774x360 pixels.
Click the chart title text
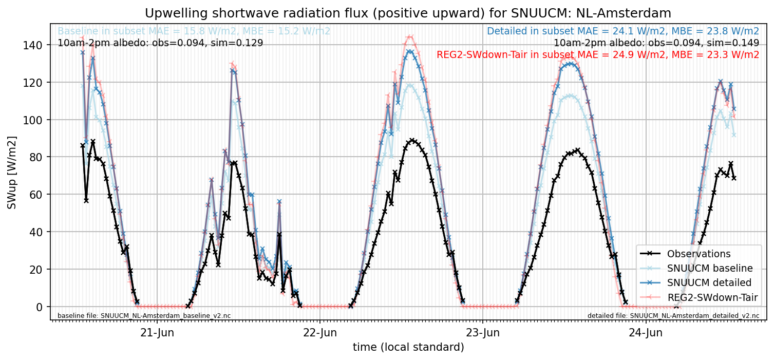(408, 13)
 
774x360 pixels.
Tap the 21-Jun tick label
(157, 333)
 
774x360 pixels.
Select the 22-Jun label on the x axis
(320, 333)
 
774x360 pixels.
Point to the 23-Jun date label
(483, 333)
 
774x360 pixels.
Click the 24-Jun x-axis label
(646, 333)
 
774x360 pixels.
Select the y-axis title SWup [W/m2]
(12, 173)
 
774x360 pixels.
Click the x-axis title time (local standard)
(408, 347)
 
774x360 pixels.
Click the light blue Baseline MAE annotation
(194, 31)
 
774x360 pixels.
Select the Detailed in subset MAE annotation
(623, 31)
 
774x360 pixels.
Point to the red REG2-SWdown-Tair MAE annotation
(598, 55)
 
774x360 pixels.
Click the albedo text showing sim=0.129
(160, 43)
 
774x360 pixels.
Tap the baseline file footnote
(144, 316)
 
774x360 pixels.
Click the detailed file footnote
(673, 316)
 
